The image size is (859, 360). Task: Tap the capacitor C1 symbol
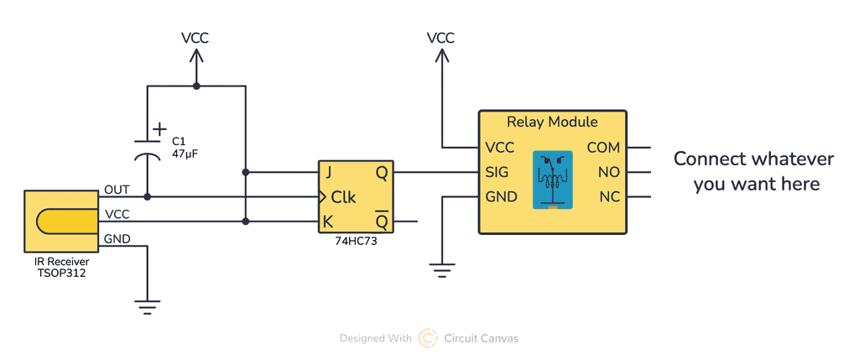coord(148,149)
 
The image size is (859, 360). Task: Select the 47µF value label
coord(185,154)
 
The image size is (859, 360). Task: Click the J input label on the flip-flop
coord(329,172)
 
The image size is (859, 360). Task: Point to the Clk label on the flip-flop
coord(343,198)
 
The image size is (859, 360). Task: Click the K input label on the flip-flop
coord(329,222)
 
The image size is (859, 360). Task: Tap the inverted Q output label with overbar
coord(381,222)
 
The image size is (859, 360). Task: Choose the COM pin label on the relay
coord(603,148)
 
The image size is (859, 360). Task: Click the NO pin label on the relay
coord(609,172)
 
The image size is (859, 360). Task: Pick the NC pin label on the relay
coord(609,197)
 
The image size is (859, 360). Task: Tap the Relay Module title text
coord(552,122)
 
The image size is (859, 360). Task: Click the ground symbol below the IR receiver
coord(148,306)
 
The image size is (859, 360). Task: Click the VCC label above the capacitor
coord(195,38)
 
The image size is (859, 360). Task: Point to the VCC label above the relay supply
coord(440,38)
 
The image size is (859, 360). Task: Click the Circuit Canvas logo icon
coord(428,338)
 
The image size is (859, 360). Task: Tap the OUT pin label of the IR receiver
coord(117,190)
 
